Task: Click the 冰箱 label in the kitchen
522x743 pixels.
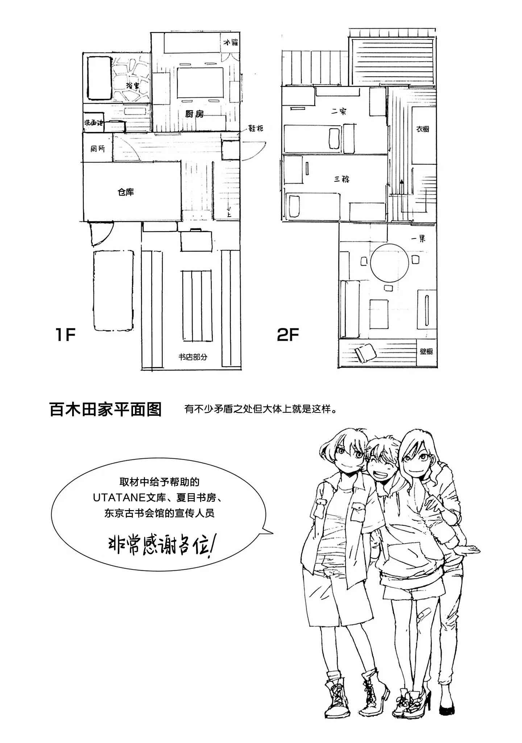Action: [x=230, y=43]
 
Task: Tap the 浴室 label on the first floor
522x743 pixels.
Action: [x=133, y=86]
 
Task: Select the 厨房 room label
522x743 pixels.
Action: [x=194, y=114]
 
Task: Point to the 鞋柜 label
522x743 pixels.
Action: [x=256, y=128]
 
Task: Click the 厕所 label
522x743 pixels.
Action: [x=98, y=148]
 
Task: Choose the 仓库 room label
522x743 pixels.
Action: [x=125, y=192]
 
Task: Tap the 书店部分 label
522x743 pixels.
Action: [x=193, y=357]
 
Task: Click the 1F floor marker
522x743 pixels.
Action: [x=65, y=334]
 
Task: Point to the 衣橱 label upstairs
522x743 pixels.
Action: [x=423, y=129]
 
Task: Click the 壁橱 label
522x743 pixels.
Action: [x=426, y=351]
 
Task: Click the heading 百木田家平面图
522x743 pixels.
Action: [x=105, y=410]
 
